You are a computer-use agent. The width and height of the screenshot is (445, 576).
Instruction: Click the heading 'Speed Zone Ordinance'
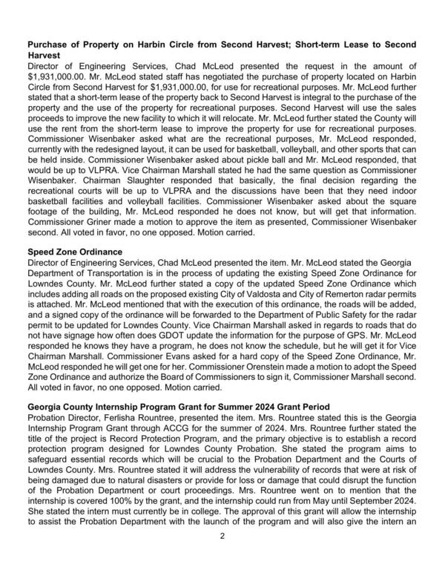click(x=75, y=252)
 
